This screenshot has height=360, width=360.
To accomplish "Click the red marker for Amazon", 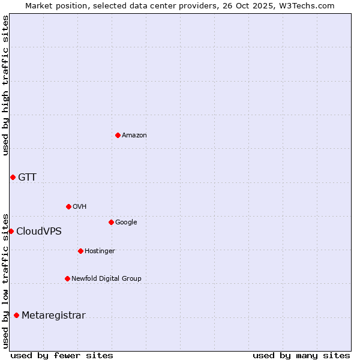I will pos(118,135).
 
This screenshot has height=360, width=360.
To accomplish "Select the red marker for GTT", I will pos(13,177).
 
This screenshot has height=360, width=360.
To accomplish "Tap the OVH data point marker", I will pos(68,206).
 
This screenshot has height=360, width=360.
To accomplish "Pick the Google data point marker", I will pos(111,222).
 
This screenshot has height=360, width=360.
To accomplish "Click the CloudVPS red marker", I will pos(11,231).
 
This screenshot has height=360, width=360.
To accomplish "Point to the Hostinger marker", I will pos(80,251).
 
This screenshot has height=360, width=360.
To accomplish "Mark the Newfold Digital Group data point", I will pos(67,278).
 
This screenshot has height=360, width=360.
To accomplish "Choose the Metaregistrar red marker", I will pos(16,315).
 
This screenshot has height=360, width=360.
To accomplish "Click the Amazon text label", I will pos(134,136).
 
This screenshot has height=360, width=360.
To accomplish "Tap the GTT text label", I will pos(27,177).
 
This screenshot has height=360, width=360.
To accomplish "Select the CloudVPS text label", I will pos(39,232).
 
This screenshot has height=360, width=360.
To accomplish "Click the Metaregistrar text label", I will pos(53,316).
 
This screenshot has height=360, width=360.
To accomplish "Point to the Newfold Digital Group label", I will pos(106,278).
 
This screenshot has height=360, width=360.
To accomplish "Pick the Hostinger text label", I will pos(100,251).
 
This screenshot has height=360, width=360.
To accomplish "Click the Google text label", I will pos(126,222).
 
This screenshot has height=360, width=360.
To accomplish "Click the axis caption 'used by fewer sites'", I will pos(62,355).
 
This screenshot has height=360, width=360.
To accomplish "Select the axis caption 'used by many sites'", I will pos(301,355).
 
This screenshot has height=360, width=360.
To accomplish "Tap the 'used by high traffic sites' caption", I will pos(6,85).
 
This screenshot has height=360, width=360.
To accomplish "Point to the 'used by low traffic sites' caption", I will pos(6,280).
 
